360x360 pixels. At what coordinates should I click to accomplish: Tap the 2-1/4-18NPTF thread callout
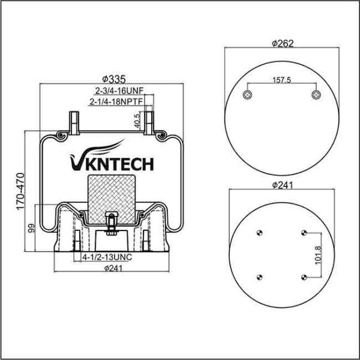point(116,102)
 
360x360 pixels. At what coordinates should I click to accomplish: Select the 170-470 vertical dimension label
point(20,190)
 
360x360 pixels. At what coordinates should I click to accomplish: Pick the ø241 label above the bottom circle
point(282,185)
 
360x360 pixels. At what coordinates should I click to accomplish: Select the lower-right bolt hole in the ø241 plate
point(305,276)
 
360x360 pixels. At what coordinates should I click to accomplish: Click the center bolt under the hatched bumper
point(112,223)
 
